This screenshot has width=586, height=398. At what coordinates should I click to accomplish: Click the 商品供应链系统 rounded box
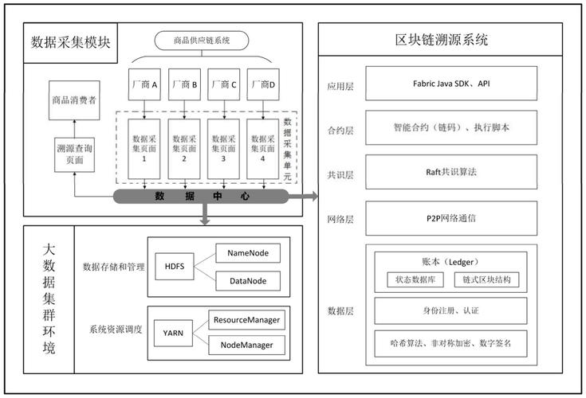201,41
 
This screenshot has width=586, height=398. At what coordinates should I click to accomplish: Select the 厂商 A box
145,84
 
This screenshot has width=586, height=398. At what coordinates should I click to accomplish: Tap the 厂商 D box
262,84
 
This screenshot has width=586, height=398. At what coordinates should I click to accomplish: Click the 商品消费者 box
74,100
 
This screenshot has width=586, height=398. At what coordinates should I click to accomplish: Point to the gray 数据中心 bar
202,196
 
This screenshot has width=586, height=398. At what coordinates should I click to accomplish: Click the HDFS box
174,267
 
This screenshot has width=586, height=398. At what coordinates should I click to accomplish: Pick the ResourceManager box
246,320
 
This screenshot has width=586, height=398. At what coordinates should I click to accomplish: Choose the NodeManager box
246,345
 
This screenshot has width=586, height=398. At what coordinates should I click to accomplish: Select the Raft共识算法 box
446,172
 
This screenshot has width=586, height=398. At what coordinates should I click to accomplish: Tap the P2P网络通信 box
446,217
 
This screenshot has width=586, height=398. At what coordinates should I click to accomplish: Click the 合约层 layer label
340,128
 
